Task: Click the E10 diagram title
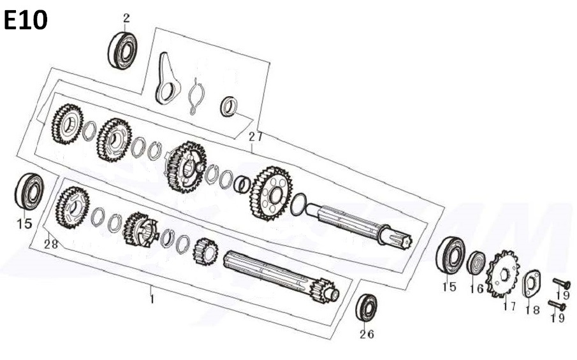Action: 26,20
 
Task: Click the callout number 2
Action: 127,18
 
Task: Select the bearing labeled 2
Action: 123,50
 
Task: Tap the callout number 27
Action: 256,137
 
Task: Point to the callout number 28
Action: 51,244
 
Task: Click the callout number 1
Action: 152,299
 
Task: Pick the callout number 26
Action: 367,334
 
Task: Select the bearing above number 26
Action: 367,307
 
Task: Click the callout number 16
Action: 476,289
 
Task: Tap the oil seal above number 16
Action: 476,262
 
